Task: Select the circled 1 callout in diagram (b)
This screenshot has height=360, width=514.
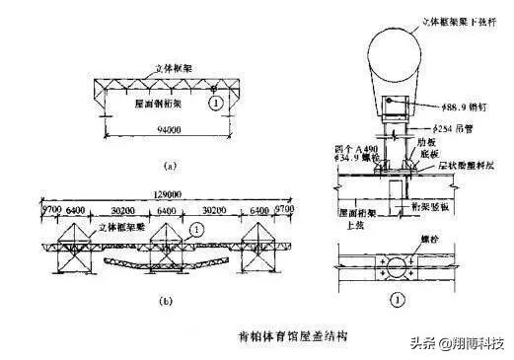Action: tap(196, 229)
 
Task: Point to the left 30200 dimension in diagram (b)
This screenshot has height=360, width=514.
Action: tap(121, 211)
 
